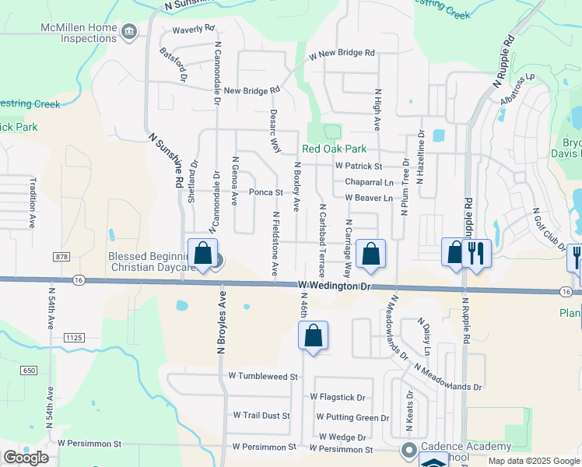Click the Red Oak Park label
[x=334, y=149]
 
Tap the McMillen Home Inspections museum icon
[x=129, y=31]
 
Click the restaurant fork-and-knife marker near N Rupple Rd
[x=475, y=253]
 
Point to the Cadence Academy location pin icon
[x=408, y=451]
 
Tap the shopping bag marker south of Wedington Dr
[x=313, y=336]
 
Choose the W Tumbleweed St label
[x=263, y=376]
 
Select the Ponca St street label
[x=265, y=192]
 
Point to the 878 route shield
[x=62, y=256]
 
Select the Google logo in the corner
[x=26, y=457]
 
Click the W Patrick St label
[x=359, y=167]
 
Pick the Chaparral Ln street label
[x=369, y=182]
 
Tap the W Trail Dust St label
[x=261, y=416]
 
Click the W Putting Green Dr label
[x=352, y=418]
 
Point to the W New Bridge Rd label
[x=342, y=54]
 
